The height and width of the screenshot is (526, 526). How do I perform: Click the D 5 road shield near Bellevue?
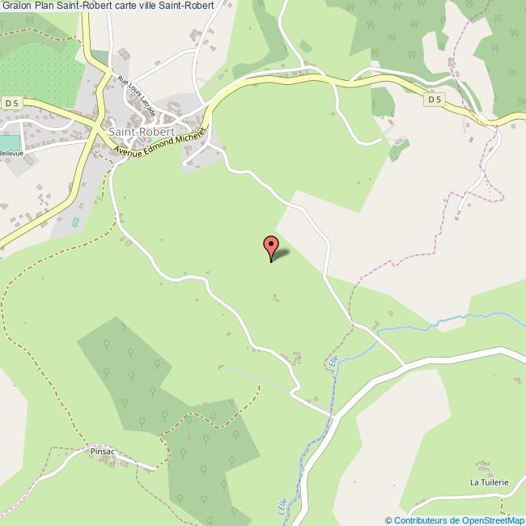point(11,103)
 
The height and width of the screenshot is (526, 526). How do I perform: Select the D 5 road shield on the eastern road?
point(435,99)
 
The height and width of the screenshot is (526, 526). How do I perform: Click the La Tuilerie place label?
point(489,482)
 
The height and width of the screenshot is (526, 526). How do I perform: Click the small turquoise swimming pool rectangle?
point(76,221)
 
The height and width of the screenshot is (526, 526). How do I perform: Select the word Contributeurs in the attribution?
point(420,520)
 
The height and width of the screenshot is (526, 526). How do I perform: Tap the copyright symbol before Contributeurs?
point(389,520)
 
